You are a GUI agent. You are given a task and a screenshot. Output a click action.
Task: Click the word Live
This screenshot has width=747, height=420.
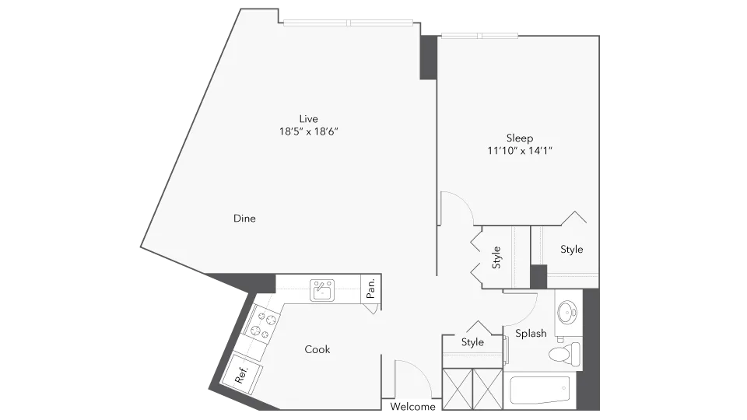(309, 119)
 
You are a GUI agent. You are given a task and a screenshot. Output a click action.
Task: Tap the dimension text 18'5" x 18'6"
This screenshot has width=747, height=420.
(309, 131)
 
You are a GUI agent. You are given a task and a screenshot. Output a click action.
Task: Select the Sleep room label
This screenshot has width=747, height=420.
(520, 138)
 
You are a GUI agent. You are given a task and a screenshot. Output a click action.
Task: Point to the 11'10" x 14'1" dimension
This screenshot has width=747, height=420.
(520, 151)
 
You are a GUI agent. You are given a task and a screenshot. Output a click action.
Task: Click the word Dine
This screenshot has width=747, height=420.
(244, 219)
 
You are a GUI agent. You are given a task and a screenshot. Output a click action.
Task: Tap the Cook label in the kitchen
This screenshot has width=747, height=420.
(317, 350)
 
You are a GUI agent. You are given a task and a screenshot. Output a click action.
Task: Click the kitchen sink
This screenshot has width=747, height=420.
(321, 290)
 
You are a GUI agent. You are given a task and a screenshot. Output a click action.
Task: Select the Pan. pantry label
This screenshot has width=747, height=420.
(371, 289)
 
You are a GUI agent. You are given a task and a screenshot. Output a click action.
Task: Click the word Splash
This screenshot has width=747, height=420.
(531, 334)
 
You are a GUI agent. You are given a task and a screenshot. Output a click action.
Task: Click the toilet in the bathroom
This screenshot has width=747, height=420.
(562, 355)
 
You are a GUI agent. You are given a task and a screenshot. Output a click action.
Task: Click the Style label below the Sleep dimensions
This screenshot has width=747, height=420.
(572, 250)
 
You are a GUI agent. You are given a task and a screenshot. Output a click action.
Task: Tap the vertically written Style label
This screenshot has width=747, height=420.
(496, 257)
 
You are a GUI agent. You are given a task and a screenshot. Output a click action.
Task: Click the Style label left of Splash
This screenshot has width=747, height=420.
(472, 342)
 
